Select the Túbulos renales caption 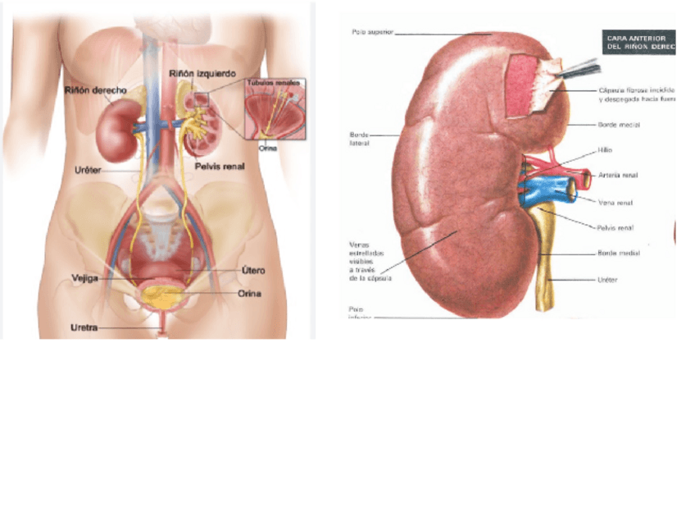(x=275, y=83)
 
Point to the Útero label (x=252, y=270)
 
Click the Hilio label (x=605, y=150)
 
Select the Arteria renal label (x=619, y=175)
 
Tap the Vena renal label (x=616, y=202)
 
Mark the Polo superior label (x=372, y=33)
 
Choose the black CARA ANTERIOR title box (x=638, y=42)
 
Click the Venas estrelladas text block (x=366, y=261)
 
